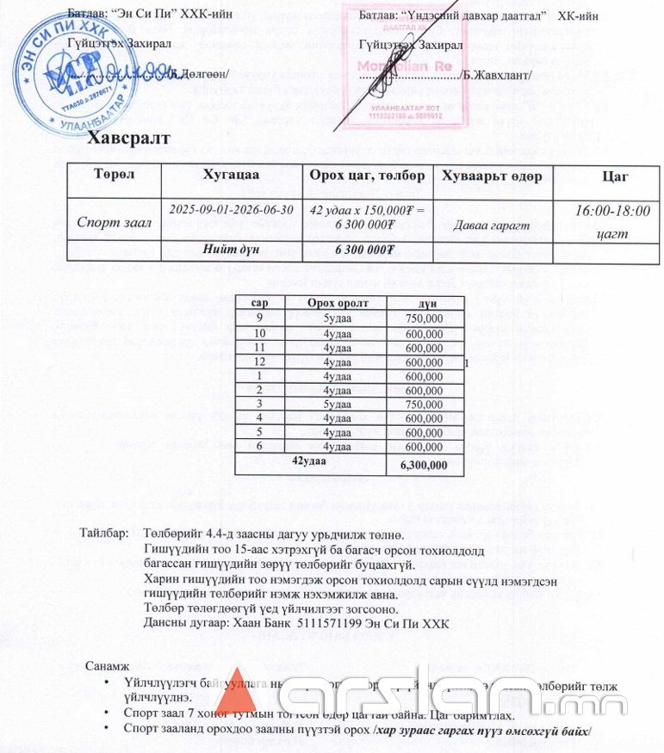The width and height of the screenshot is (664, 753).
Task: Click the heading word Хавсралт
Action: pos(128,139)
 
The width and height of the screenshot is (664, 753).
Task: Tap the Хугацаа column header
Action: pos(230,176)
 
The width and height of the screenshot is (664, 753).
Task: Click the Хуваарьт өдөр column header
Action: pos(491,176)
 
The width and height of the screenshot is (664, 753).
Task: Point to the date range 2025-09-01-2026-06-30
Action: pos(231,210)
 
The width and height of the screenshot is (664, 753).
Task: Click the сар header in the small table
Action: pos(260,303)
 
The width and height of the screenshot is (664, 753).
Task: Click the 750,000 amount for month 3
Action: pos(425,405)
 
